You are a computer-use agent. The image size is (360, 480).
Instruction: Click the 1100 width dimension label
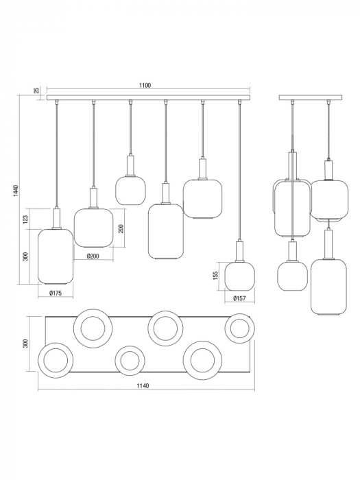145,86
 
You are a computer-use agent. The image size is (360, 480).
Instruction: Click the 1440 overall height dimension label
16,191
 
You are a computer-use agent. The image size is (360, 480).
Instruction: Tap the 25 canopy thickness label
36,91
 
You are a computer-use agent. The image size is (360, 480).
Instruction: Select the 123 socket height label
25,219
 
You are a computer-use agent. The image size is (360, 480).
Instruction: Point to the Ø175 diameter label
56,293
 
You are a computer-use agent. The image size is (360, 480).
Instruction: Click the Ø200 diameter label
93,256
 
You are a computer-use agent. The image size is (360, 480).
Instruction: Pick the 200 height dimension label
121,228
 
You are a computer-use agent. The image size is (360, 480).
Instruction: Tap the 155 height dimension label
215,276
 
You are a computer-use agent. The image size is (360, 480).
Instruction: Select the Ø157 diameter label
239,299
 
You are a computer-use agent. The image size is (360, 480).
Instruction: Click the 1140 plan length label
143,386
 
